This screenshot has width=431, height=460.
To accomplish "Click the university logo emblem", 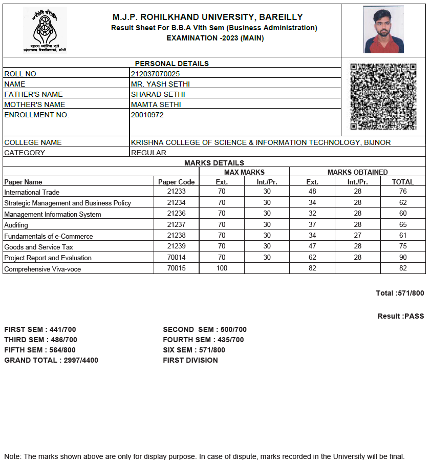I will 45,29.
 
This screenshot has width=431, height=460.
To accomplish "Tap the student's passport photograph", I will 383,30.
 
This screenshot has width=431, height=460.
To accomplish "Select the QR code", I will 383,96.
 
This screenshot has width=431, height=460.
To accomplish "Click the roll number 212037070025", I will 155,74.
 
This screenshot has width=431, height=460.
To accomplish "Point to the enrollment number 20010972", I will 147,115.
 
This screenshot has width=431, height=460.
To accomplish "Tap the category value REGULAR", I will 148,153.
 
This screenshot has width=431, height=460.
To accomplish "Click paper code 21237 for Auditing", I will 177,225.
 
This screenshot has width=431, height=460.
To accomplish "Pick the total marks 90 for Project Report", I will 403,258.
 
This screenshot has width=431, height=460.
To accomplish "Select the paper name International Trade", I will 32,192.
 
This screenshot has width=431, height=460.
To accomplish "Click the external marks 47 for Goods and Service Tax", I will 312,247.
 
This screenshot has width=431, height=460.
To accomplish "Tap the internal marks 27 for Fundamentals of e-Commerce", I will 357,236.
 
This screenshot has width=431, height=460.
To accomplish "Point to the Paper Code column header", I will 177,182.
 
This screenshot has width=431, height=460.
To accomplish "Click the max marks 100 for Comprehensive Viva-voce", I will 222,268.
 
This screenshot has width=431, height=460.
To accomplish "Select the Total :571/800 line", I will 400,293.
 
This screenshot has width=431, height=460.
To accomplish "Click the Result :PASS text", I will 401,316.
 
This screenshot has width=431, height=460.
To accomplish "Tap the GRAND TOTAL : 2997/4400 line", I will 51,360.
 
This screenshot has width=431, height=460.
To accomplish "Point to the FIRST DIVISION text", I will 190,360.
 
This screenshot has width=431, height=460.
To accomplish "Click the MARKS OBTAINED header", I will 357,172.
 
